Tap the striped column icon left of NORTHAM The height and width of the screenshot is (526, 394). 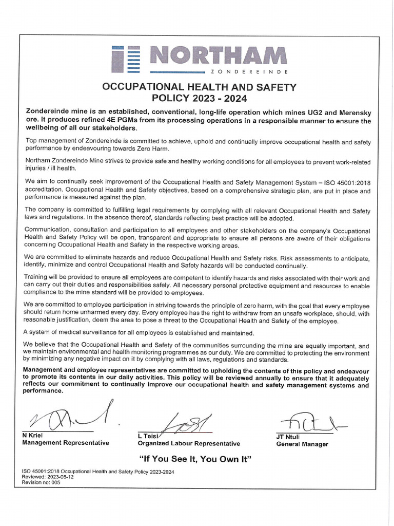coord(127,58)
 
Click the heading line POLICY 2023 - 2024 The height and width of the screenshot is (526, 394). coord(200,98)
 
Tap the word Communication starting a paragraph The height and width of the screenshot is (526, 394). coord(47,231)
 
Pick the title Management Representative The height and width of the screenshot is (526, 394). coord(65,443)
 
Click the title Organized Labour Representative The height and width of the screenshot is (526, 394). coord(189,444)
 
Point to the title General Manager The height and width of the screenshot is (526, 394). coord(302,444)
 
